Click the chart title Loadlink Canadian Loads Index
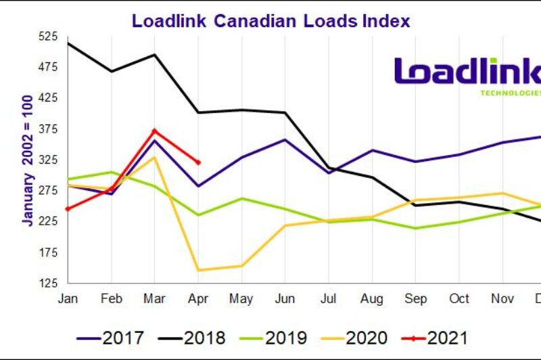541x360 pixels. [x=270, y=20]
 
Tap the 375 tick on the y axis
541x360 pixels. [x=50, y=129]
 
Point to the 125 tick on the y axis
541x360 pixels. [x=50, y=283]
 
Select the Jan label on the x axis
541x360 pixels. [x=68, y=298]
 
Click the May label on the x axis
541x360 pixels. [x=241, y=298]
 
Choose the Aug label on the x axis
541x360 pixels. [x=372, y=298]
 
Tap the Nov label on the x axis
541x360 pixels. [x=502, y=298]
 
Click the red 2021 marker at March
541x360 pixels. [x=155, y=131]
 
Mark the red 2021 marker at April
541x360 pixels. [x=198, y=162]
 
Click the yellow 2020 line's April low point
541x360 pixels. [x=198, y=270]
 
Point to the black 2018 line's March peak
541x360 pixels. [x=155, y=55]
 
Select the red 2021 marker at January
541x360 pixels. [x=68, y=209]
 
